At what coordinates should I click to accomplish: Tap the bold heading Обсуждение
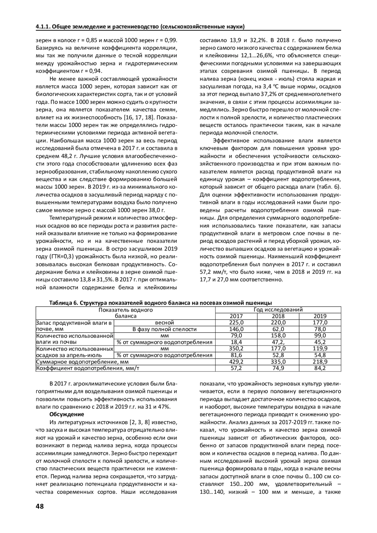(x=67, y=414)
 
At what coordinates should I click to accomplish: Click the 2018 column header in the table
(x=278, y=316)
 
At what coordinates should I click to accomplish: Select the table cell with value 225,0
(x=236, y=323)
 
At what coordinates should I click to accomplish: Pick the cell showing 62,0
(x=278, y=329)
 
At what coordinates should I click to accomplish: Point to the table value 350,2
(x=236, y=348)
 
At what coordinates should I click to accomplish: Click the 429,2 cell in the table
(x=236, y=362)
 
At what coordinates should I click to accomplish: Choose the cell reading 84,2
(x=320, y=368)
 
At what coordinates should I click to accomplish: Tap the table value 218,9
(x=320, y=362)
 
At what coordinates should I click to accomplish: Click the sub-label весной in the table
(x=164, y=323)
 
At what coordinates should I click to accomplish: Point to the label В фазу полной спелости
(x=164, y=329)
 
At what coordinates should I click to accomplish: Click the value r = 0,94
(x=80, y=71)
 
